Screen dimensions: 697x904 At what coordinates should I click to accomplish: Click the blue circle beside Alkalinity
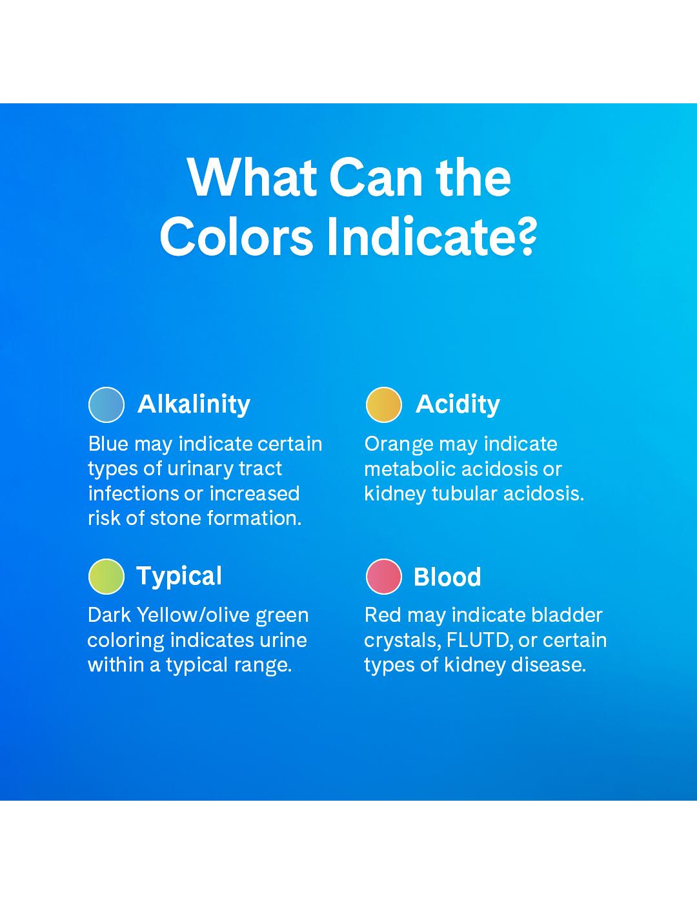pyautogui.click(x=106, y=405)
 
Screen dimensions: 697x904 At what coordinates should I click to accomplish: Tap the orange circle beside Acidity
pyautogui.click(x=383, y=405)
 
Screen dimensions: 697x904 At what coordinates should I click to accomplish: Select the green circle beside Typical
pyautogui.click(x=106, y=577)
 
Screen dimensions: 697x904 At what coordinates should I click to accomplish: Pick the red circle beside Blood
pyautogui.click(x=383, y=577)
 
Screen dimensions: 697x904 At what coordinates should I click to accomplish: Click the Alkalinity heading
pyautogui.click(x=194, y=404)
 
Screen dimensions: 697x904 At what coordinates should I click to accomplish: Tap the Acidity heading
pyautogui.click(x=458, y=404)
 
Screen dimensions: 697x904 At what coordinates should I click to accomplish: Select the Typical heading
pyautogui.click(x=179, y=577)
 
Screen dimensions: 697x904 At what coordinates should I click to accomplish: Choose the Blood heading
pyautogui.click(x=447, y=577)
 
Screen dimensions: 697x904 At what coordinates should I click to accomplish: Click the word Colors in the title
pyautogui.click(x=236, y=236)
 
